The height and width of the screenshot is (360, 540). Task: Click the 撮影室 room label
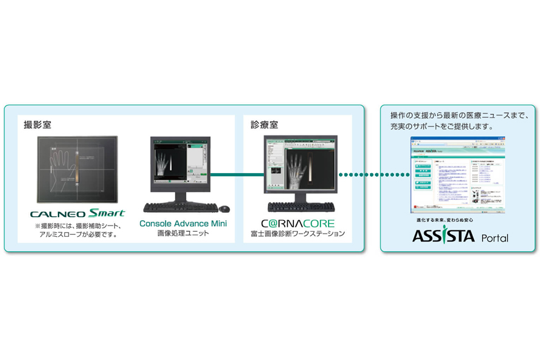pos(37,125)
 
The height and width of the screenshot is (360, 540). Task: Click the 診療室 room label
pos(264,125)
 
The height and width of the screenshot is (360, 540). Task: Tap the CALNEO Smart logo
pos(77,214)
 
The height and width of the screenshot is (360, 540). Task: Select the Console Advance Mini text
pos(183,223)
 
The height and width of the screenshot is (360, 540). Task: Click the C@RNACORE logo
pos(297,223)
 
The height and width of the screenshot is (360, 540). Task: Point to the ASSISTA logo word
pos(443,235)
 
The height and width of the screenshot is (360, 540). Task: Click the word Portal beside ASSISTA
pos(495,238)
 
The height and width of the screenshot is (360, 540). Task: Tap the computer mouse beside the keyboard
pos(224,208)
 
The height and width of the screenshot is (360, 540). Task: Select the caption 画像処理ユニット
pos(182,233)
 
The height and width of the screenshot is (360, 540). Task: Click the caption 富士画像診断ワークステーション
pos(298,234)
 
